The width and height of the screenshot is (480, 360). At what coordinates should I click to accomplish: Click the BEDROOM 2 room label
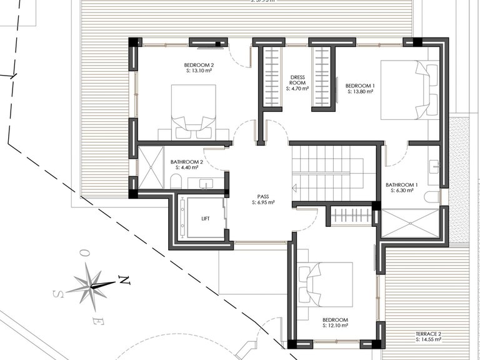[199, 66]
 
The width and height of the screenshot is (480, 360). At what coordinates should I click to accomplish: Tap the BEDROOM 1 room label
[360, 85]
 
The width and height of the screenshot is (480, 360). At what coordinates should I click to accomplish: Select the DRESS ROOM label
[297, 80]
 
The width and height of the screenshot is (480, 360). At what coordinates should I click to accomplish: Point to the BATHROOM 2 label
[186, 162]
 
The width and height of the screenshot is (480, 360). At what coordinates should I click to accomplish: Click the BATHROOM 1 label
[401, 185]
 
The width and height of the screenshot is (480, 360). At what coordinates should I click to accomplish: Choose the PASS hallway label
[263, 196]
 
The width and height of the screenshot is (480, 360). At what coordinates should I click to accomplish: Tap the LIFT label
[206, 219]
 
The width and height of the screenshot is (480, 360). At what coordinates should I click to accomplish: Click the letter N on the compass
[125, 281]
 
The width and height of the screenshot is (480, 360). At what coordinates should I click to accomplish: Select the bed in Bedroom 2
[193, 111]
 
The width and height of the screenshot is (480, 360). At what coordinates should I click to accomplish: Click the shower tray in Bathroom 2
[151, 166]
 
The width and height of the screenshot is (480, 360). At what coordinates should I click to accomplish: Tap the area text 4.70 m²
[297, 89]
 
